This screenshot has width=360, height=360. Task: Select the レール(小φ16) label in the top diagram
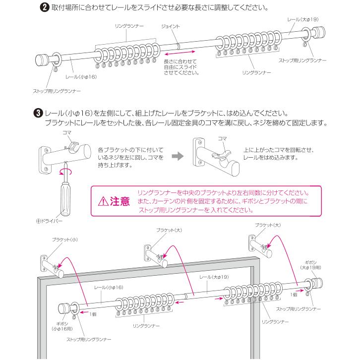[81, 77]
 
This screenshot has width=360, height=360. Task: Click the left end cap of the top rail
[43, 61]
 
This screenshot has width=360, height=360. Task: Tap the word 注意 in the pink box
[120, 201]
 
